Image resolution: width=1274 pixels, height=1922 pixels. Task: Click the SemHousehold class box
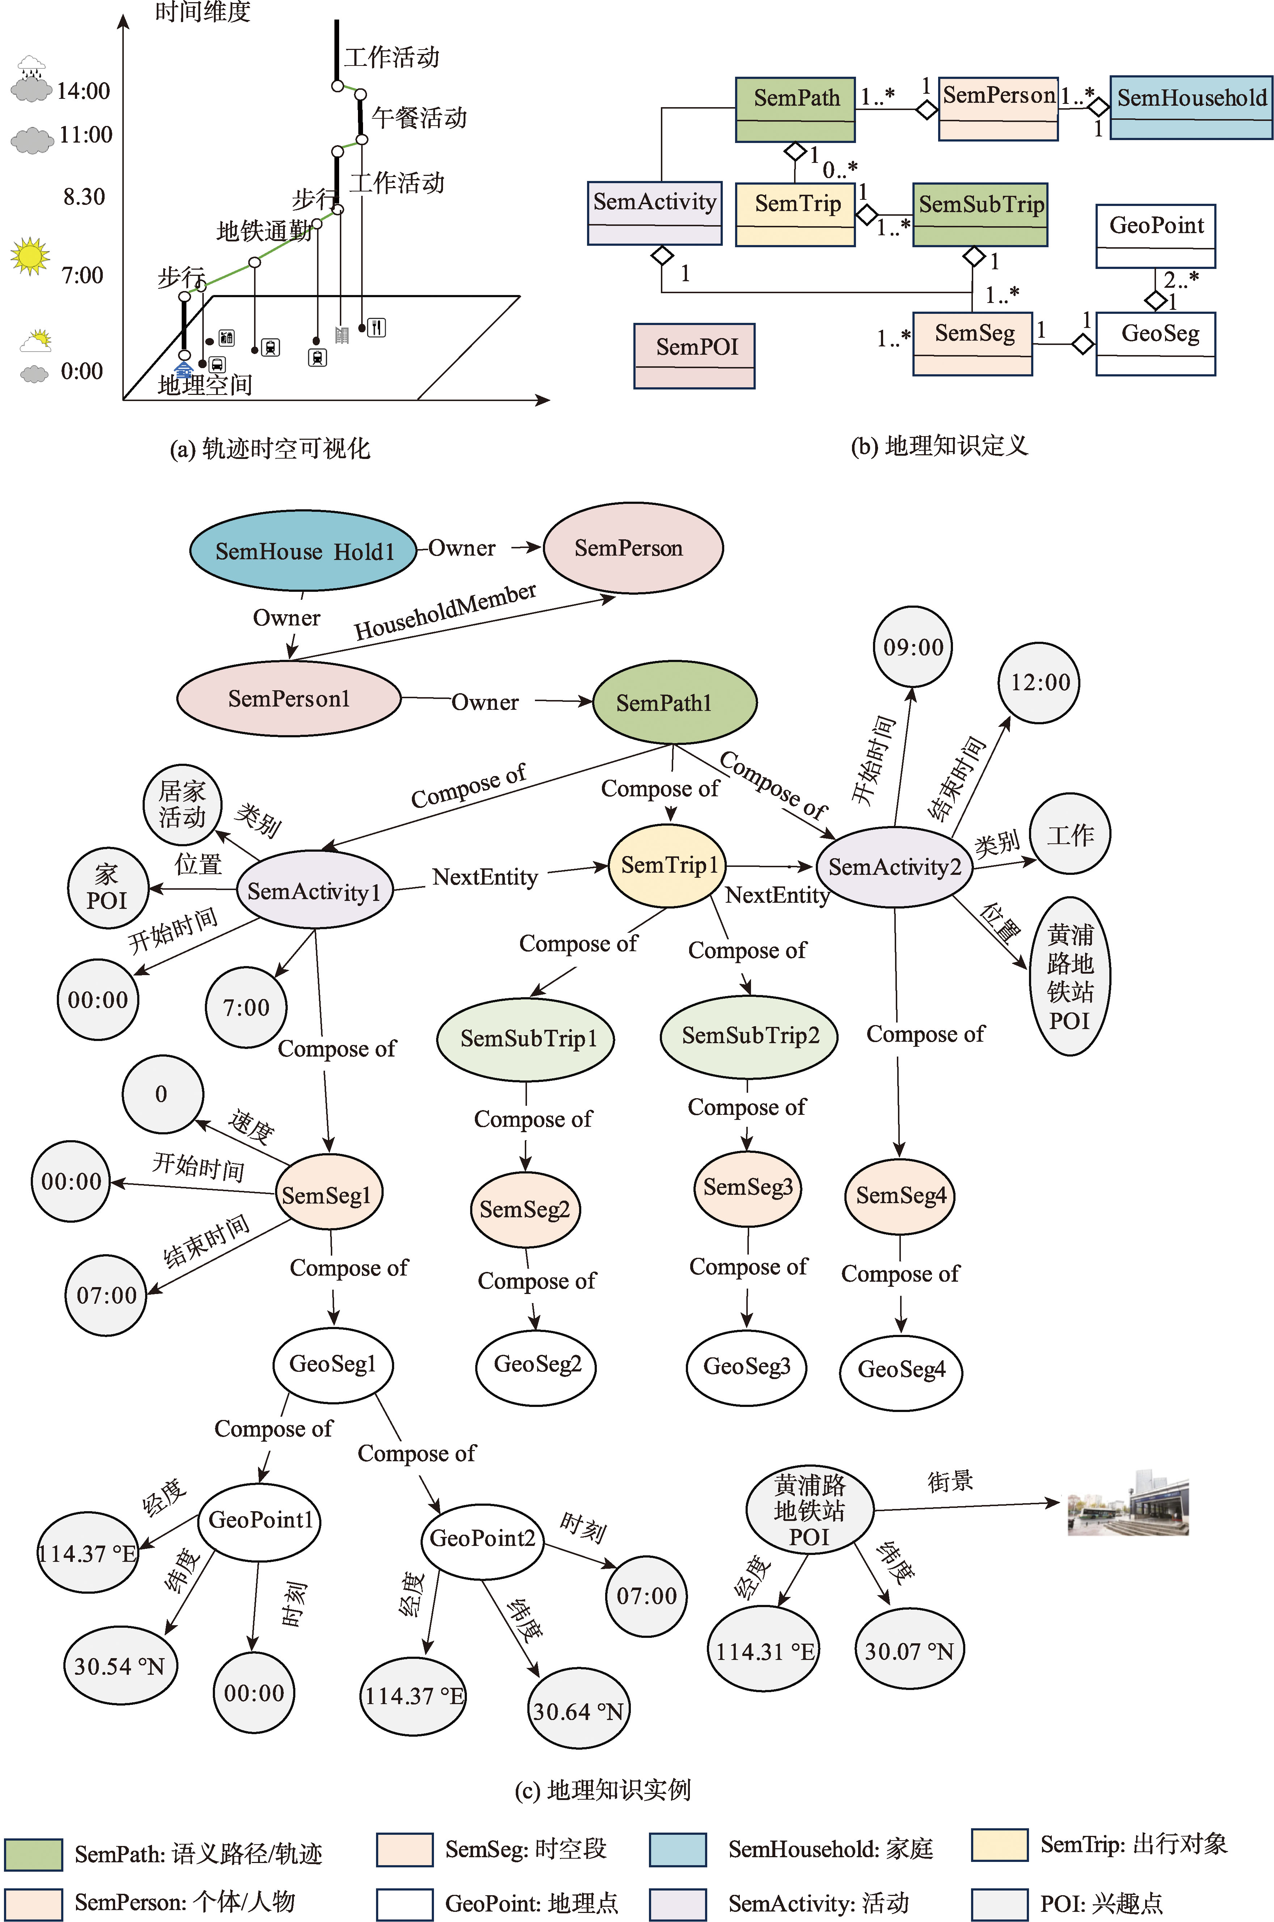pos(1191,108)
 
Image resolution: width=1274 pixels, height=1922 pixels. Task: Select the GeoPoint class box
pos(1155,236)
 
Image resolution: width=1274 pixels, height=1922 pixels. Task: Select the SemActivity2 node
pos(895,867)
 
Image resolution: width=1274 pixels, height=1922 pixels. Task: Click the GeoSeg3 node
pos(747,1367)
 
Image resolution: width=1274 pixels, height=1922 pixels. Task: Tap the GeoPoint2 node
pos(482,1539)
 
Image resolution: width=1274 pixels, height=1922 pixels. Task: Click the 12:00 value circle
pos(1040,682)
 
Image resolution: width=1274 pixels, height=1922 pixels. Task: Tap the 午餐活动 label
pos(419,118)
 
